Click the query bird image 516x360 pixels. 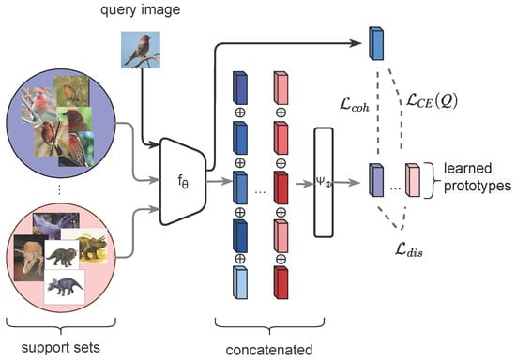click(141, 50)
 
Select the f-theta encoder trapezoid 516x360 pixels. click(183, 181)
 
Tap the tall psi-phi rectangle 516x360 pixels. click(324, 183)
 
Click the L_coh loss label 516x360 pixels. click(355, 106)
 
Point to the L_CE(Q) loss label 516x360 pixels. click(432, 100)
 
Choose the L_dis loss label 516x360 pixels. click(409, 250)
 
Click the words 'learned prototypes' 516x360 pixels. click(478, 177)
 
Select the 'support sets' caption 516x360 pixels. click(61, 348)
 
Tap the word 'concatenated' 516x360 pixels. click(269, 350)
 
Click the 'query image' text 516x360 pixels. click(140, 9)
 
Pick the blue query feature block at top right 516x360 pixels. click(376, 43)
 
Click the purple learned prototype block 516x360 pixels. click(376, 180)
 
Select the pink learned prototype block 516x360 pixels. click(413, 180)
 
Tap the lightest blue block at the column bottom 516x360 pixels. click(240, 282)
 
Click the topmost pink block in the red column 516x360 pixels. click(281, 88)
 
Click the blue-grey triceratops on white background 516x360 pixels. click(65, 287)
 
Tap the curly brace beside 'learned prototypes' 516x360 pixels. click(429, 180)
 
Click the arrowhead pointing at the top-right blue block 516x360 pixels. click(357, 43)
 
